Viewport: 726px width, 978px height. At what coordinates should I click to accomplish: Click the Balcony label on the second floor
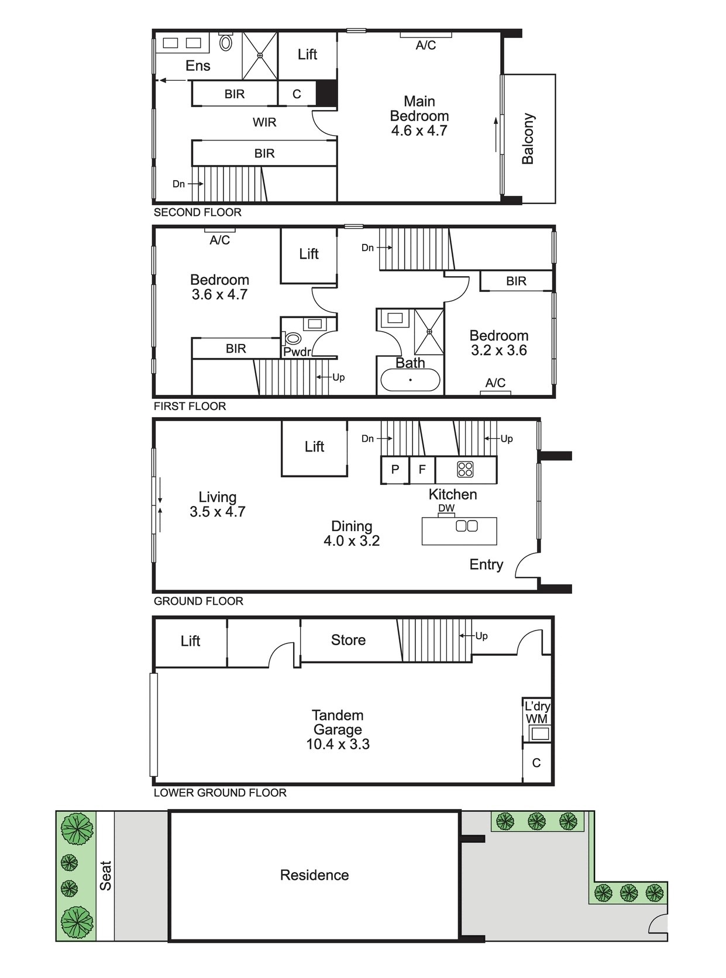pos(528,139)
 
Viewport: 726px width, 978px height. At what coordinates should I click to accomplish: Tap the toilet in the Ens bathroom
pos(226,42)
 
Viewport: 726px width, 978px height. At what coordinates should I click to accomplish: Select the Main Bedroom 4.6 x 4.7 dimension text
pos(419,130)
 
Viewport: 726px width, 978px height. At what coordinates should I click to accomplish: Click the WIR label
pos(264,122)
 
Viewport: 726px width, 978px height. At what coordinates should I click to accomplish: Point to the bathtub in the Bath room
pos(410,380)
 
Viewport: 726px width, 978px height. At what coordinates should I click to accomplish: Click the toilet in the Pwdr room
pos(293,339)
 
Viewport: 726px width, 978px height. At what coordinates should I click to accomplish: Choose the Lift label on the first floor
pos(309,253)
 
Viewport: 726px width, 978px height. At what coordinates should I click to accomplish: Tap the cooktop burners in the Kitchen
pos(465,469)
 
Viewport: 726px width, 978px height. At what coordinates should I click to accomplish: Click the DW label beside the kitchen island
pos(446,508)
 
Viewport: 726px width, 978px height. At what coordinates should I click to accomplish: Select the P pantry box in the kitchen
pos(395,470)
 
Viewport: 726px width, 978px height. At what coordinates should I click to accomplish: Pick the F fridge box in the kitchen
pos(422,470)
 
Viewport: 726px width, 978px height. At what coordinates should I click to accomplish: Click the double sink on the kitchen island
pos(467,526)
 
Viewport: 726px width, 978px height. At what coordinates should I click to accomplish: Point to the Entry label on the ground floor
pos(486,564)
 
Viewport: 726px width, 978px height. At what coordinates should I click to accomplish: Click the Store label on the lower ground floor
pos(349,640)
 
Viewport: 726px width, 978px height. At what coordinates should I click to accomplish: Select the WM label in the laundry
pos(536,719)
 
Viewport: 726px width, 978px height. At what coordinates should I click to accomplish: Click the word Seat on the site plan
pos(105,876)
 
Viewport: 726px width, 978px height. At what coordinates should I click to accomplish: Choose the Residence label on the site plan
pos(315,875)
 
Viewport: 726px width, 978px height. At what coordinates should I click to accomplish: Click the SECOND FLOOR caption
pos(198,212)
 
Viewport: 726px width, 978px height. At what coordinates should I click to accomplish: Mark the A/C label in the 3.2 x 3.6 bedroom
pos(496,383)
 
